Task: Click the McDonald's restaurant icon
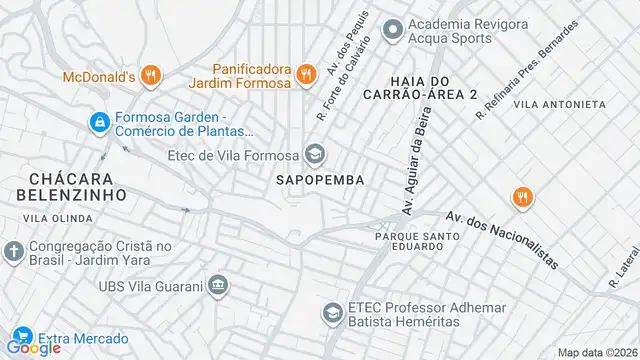[x=150, y=75]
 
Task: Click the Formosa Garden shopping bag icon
[x=99, y=122]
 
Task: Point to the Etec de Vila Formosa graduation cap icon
[x=315, y=154]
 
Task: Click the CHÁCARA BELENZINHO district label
[x=69, y=185]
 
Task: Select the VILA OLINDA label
[x=59, y=216]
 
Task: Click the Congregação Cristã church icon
[x=13, y=249]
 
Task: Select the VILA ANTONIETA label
[x=559, y=104]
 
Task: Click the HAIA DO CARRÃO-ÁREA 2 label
[x=432, y=86]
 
